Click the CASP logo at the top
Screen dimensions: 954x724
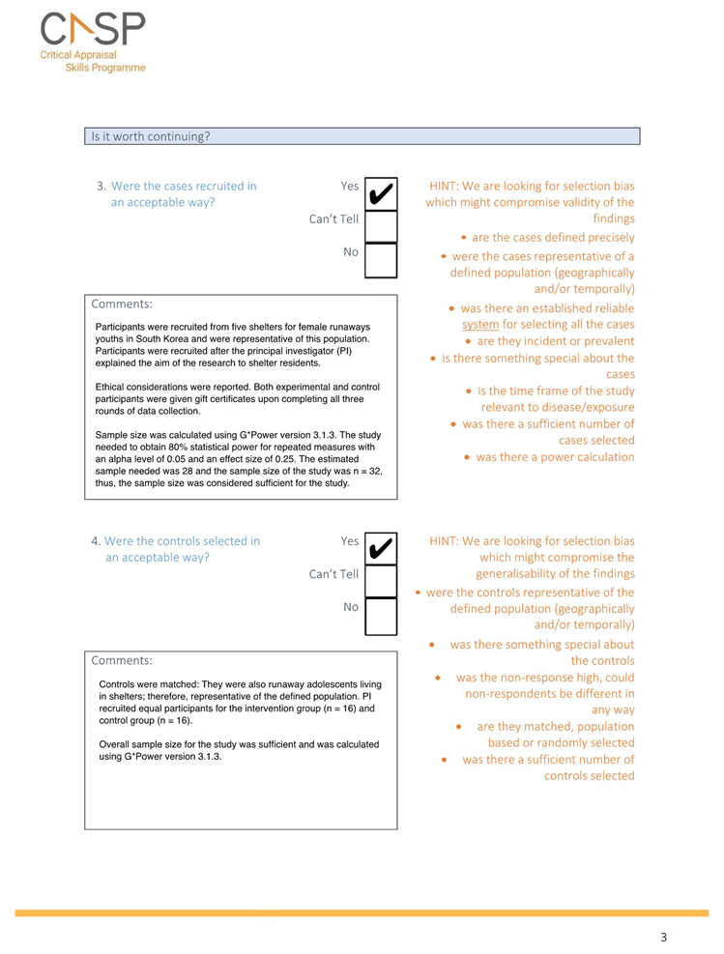[93, 44]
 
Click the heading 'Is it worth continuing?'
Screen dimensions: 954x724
[150, 136]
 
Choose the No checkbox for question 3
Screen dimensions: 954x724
[381, 258]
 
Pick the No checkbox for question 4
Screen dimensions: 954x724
[381, 615]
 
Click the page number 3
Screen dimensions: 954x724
[663, 937]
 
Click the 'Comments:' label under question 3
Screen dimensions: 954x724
[122, 304]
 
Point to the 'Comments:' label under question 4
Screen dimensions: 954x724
[122, 660]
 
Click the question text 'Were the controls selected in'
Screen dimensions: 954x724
[182, 541]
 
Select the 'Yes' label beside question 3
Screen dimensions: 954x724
[349, 186]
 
